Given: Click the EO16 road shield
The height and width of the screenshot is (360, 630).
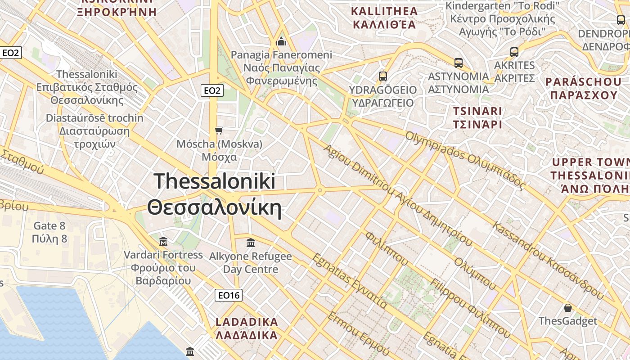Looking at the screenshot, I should [229, 295].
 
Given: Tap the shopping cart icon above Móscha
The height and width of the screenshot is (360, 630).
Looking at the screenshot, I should [219, 130].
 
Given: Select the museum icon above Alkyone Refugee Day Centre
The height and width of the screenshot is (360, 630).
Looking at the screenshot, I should [251, 243].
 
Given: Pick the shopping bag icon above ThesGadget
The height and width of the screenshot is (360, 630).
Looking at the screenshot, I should [568, 308].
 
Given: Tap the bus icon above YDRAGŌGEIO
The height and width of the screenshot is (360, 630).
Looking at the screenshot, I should [382, 76].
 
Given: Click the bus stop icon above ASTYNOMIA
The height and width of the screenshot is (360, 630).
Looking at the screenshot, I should [458, 63].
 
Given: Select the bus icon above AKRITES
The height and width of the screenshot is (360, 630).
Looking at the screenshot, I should [514, 52].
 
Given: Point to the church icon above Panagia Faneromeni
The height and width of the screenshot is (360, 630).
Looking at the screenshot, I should [281, 42].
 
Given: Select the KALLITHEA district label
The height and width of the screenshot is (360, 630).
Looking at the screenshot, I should [384, 18].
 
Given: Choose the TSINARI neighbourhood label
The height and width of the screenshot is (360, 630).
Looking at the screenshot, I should [477, 117].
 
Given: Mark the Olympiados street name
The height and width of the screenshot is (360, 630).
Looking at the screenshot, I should [465, 159].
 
